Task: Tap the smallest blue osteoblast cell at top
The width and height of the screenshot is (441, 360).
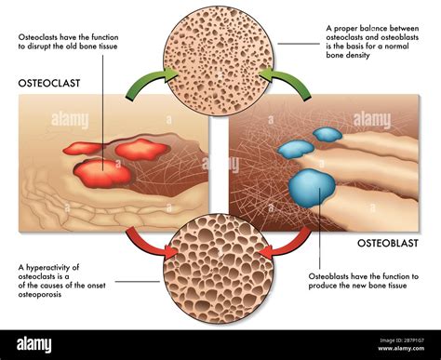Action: point(327,134)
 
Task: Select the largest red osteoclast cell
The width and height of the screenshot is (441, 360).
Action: point(102,172)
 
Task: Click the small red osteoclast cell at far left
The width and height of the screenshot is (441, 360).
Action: point(81,148)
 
